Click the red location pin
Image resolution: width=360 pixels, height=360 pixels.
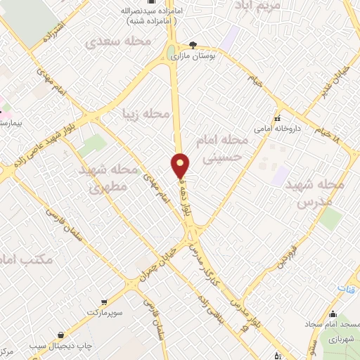coord(181,165)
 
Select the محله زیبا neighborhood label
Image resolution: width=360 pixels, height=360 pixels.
coord(146,113)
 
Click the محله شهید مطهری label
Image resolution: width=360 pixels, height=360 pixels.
coord(108,179)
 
